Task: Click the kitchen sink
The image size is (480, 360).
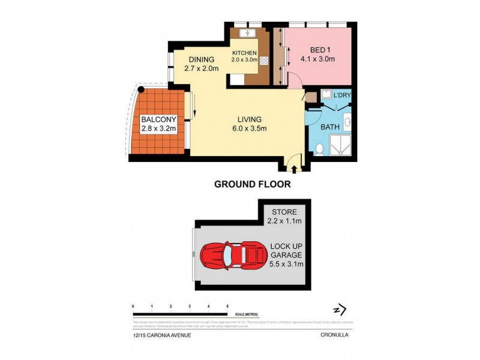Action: pyautogui.click(x=247, y=33)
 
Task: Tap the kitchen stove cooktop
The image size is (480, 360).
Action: pyautogui.click(x=263, y=60)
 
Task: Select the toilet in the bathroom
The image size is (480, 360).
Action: pyautogui.click(x=320, y=149)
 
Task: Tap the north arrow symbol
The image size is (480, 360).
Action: pyautogui.click(x=340, y=310)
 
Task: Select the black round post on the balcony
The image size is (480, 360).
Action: pyautogui.click(x=141, y=90)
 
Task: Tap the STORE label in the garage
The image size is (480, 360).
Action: pyautogui.click(x=284, y=212)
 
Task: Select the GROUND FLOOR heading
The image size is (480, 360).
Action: pyautogui.click(x=253, y=185)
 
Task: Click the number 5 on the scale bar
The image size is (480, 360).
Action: pyautogui.click(x=227, y=307)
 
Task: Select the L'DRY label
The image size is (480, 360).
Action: pyautogui.click(x=343, y=95)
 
